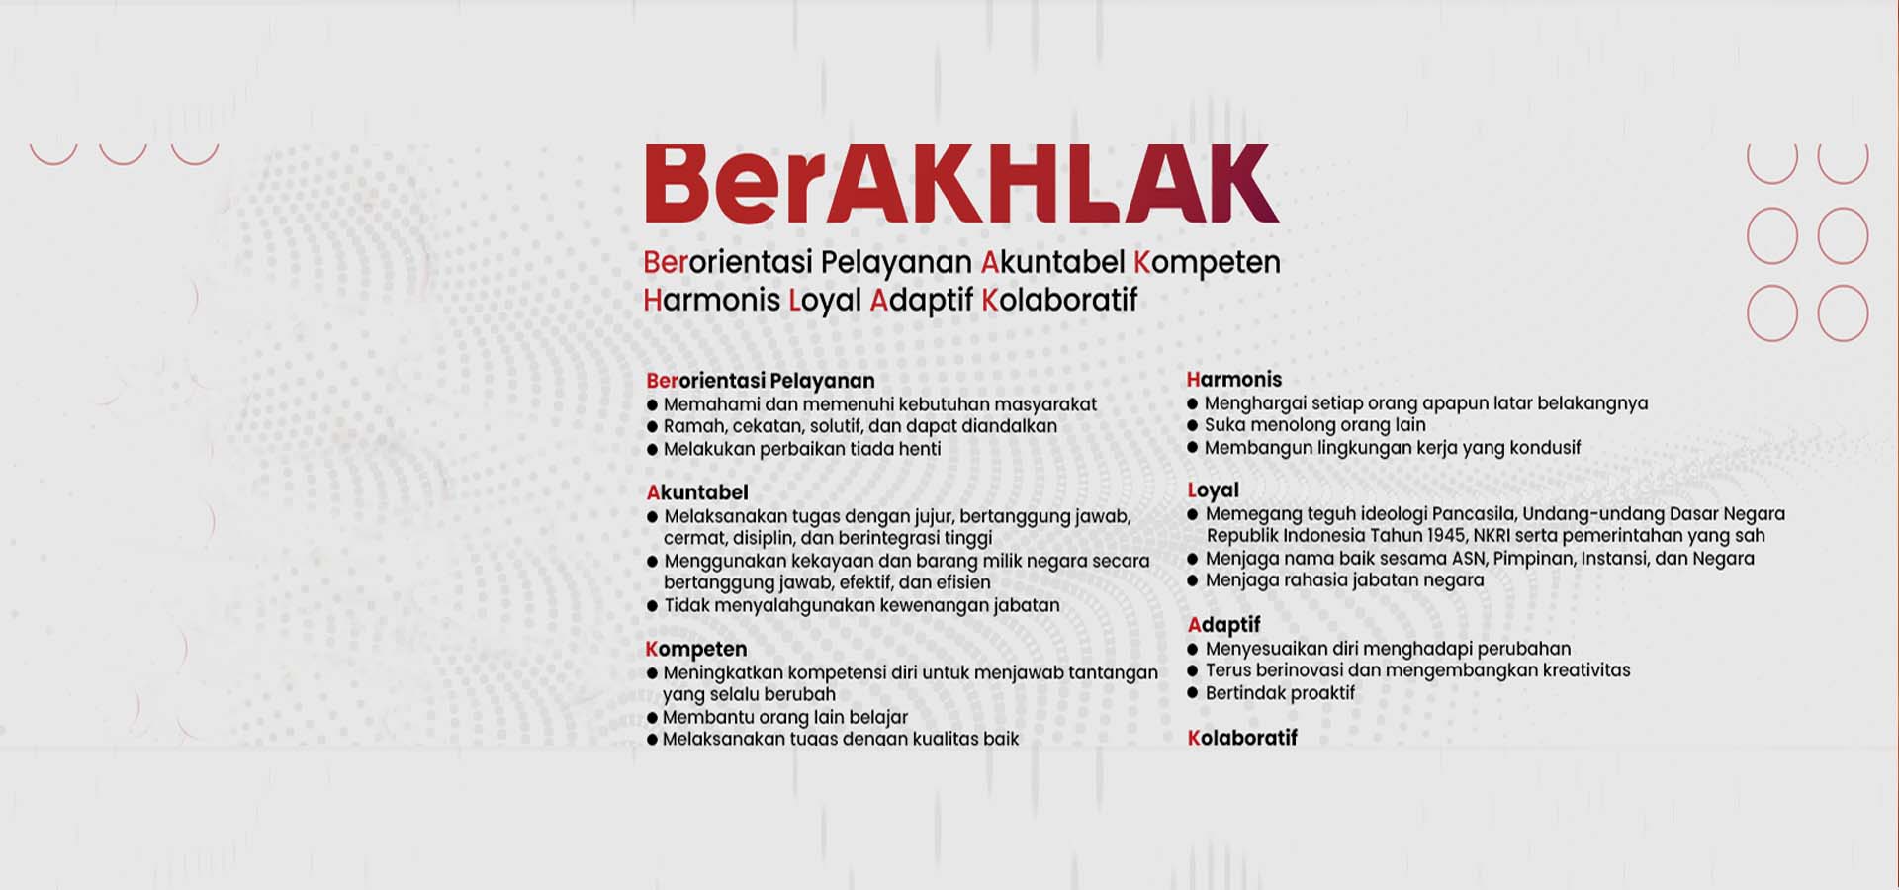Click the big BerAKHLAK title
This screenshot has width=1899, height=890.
[961, 184]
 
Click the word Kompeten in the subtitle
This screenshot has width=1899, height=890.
[1207, 263]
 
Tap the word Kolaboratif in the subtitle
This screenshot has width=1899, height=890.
[1059, 300]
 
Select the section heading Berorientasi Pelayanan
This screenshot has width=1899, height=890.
[761, 381]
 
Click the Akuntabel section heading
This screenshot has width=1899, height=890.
[697, 492]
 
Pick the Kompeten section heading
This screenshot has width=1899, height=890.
[696, 650]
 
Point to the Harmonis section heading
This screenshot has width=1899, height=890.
[1234, 380]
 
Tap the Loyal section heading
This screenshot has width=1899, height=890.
[1214, 491]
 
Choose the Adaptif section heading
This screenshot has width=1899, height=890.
[1224, 625]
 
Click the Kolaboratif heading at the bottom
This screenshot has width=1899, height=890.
[1242, 738]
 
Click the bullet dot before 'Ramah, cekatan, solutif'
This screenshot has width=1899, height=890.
[652, 427]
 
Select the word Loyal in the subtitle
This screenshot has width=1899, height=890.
[825, 301]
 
